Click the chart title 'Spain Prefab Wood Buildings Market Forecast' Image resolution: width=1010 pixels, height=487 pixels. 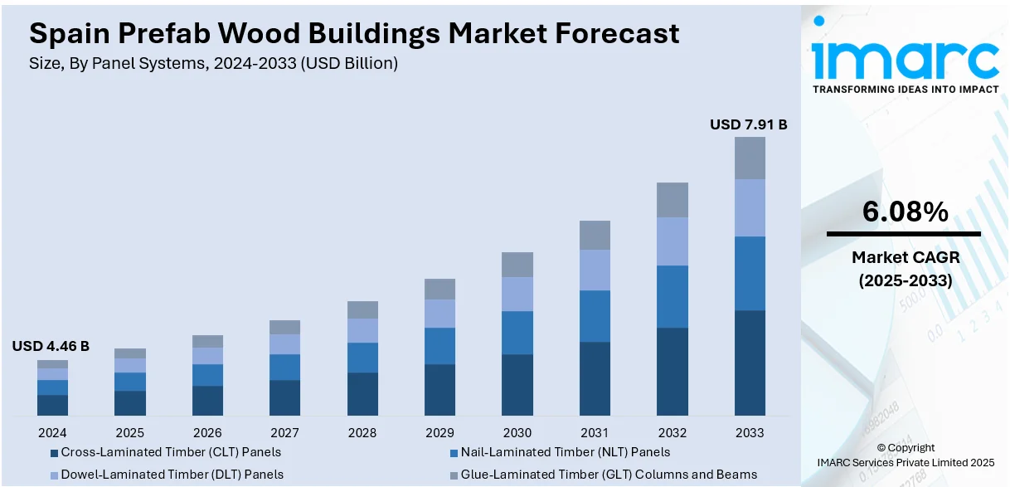[354, 33]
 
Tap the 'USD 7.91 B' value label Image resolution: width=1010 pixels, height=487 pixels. [748, 124]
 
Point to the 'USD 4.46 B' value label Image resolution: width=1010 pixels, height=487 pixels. [51, 346]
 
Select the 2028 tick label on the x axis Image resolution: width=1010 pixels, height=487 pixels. [362, 432]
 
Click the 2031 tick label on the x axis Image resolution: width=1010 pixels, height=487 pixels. [595, 432]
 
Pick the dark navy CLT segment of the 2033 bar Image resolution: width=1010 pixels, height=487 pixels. [750, 363]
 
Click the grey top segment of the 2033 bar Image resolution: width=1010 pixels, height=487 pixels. [750, 158]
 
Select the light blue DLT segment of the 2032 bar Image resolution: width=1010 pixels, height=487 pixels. [673, 241]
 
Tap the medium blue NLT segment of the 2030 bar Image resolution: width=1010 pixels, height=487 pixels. [517, 333]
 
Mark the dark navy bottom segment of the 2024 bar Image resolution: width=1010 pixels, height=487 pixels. [52, 405]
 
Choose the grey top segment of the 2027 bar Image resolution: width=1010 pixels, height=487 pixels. [285, 327]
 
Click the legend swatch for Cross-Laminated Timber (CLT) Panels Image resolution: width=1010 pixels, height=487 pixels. [55, 453]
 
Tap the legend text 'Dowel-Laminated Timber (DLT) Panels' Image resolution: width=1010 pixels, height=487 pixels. [172, 475]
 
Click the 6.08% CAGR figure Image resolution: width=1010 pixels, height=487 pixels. [905, 212]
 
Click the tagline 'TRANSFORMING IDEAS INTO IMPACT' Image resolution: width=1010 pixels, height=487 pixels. [905, 89]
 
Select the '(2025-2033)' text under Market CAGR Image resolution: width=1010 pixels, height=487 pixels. [905, 280]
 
